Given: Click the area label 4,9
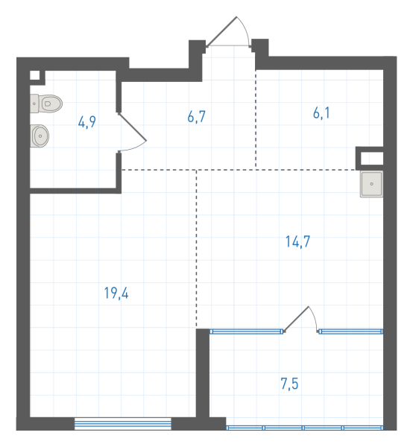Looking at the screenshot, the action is click(87, 122).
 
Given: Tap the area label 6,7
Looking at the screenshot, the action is click(197, 117).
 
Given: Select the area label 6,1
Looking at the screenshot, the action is click(321, 113).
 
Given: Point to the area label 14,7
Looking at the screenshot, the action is click(297, 241).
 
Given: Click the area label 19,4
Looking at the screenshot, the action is click(116, 293).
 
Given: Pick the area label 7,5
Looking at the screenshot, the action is click(289, 384).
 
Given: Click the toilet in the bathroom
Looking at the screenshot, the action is click(46, 104).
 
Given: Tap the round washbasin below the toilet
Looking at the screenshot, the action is click(40, 136).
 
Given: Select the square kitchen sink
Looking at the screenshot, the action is click(371, 184).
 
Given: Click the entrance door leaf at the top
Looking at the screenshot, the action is click(221, 31).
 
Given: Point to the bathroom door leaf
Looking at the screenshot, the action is click(133, 127).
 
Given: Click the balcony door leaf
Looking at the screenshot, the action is click(297, 319).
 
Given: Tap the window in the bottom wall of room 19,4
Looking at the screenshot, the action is click(123, 424).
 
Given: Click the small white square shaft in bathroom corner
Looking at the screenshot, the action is click(35, 75).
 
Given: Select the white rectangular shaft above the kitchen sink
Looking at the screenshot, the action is click(372, 158).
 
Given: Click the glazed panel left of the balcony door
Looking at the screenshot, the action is click(247, 332).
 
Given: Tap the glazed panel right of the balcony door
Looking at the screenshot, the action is click(351, 332).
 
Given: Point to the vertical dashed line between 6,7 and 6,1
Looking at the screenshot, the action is click(256, 118).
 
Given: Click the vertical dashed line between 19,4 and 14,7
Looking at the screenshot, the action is click(196, 249).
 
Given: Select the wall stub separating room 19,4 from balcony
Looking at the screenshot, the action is click(203, 373).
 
